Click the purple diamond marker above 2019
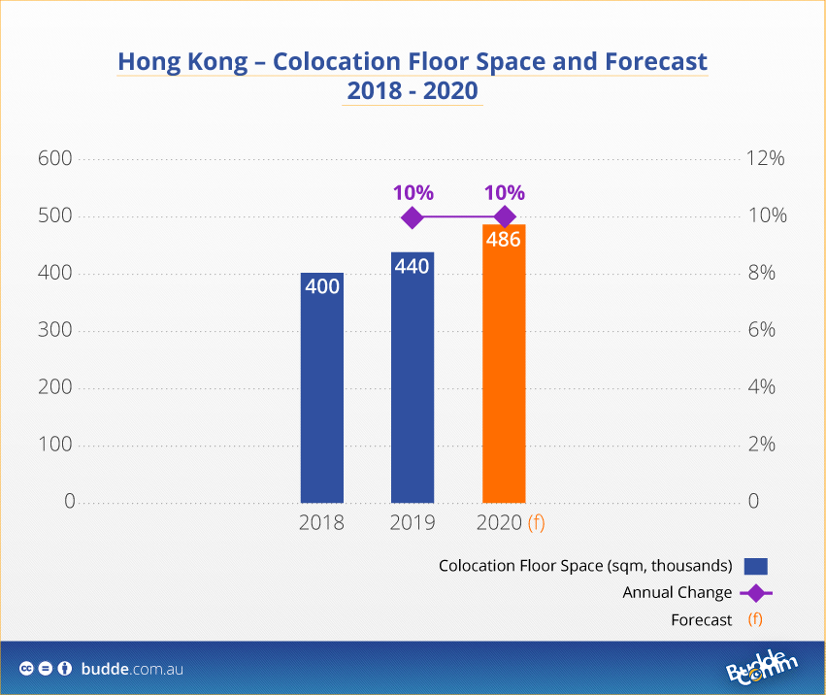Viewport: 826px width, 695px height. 412,217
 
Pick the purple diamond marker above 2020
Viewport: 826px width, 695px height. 504,217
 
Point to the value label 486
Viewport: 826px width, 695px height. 504,239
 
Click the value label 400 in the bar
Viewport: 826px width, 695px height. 321,287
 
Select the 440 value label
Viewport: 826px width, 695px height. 413,265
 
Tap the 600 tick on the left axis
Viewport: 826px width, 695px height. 55,159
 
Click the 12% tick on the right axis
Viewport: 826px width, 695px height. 764,159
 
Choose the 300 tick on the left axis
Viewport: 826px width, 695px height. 55,331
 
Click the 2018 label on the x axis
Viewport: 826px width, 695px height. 321,523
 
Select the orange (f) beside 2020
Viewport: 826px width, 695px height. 536,523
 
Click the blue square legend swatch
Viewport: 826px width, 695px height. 756,566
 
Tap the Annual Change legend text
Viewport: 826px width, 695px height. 677,592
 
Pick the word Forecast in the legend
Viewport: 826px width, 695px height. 701,619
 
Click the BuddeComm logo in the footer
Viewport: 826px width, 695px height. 762,669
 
